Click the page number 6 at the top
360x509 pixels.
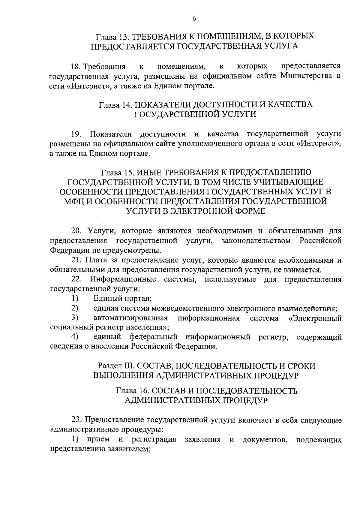click(x=194, y=19)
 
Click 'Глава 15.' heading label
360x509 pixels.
click(x=118, y=173)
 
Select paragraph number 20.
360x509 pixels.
click(x=76, y=231)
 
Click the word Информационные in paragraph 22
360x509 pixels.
click(x=123, y=279)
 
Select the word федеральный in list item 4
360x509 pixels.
click(x=153, y=337)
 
